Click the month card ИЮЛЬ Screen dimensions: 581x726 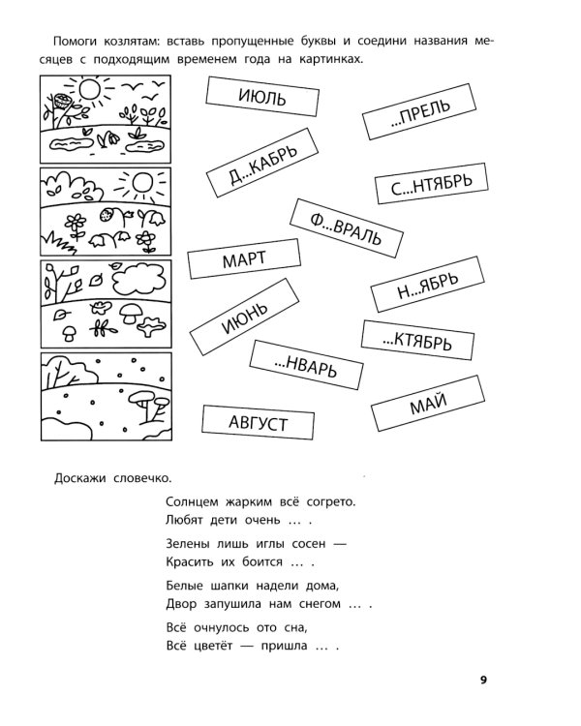pos(262,96)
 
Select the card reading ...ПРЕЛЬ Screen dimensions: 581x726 pos(419,111)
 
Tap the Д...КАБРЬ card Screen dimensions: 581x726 pos(262,163)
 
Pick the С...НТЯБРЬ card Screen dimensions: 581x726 pos(431,183)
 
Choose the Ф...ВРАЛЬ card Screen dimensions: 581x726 pos(347,228)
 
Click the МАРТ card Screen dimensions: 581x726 pos(244,258)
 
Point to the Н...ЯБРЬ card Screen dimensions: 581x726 pos(428,285)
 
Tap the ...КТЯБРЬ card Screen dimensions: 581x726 pos(417,340)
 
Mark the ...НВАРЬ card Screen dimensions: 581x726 pos(306,365)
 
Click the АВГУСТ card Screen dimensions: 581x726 pos(259,422)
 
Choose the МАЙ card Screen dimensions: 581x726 pos(428,404)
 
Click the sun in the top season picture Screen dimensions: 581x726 pos(90,89)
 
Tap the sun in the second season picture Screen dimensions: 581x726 pos(142,182)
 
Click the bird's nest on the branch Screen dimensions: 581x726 pos(61,101)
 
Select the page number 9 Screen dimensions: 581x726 pos(484,681)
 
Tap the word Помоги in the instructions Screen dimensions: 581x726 pos(76,42)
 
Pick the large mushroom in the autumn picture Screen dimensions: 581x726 pos(131,314)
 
